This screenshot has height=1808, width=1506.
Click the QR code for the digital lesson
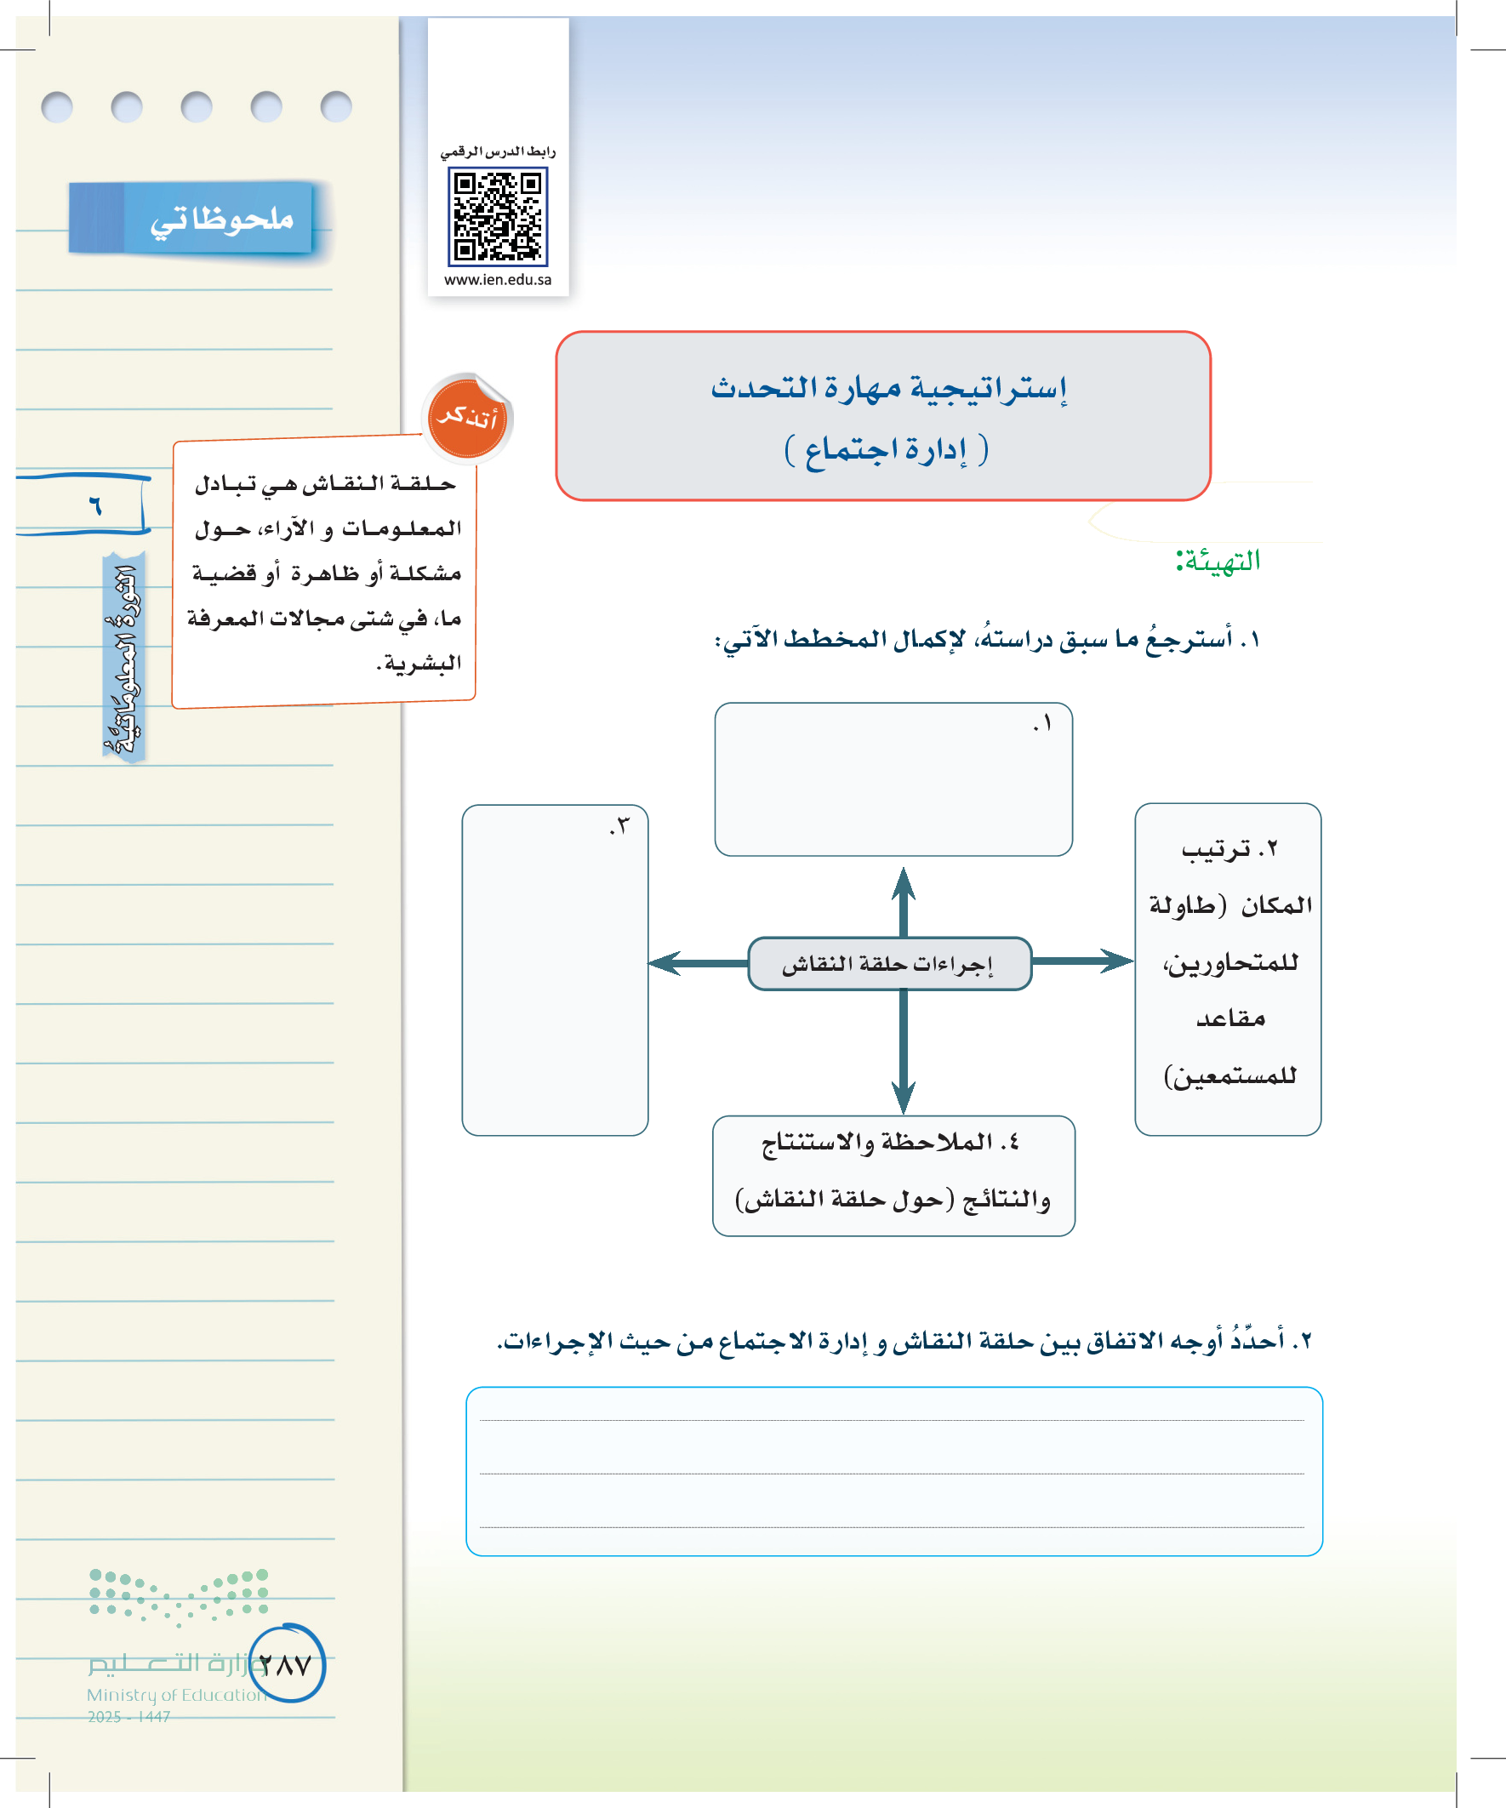coord(498,217)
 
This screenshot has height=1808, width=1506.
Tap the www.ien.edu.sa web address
coord(498,280)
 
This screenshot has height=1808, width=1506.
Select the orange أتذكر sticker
coord(468,419)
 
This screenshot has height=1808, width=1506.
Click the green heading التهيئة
coord(1218,562)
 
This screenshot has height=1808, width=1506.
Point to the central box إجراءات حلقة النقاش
coord(888,963)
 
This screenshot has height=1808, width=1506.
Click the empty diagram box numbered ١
coord(893,779)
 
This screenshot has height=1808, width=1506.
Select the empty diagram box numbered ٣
coord(555,970)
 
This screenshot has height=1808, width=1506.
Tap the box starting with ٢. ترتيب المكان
coord(1228,968)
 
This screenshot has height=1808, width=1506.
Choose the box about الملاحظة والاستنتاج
coord(893,1175)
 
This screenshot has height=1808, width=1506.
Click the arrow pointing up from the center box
coord(904,899)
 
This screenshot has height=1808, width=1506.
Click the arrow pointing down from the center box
coord(904,1055)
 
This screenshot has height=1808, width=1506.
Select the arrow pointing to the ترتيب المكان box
coord(1082,961)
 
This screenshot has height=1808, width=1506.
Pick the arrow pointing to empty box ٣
coord(698,962)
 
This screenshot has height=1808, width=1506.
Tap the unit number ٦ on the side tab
coord(94,505)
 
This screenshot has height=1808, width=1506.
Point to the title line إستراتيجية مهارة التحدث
coord(888,388)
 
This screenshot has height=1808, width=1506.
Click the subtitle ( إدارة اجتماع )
coord(886,449)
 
